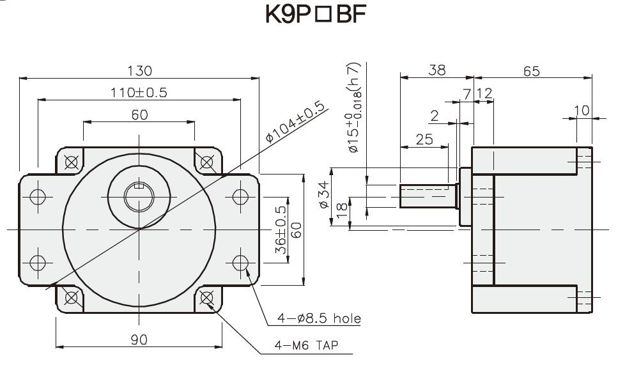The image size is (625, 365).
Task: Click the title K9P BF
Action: click(316, 15)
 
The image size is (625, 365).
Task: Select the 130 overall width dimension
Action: click(139, 70)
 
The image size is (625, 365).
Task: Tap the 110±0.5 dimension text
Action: click(139, 93)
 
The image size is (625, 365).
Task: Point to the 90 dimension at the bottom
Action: click(139, 339)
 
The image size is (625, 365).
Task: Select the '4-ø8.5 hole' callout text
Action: click(319, 318)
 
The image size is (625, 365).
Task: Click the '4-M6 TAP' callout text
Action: click(306, 345)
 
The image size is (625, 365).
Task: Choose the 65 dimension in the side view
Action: click(532, 70)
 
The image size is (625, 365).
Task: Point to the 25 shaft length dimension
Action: click(424, 139)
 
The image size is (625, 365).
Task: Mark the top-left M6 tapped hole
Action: click(72, 161)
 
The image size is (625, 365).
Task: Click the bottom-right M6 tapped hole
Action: click(206, 297)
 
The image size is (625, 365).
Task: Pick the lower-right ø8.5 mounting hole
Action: click(240, 262)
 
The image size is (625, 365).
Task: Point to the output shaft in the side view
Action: click(426, 196)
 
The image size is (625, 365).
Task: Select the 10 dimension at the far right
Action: click(582, 111)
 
